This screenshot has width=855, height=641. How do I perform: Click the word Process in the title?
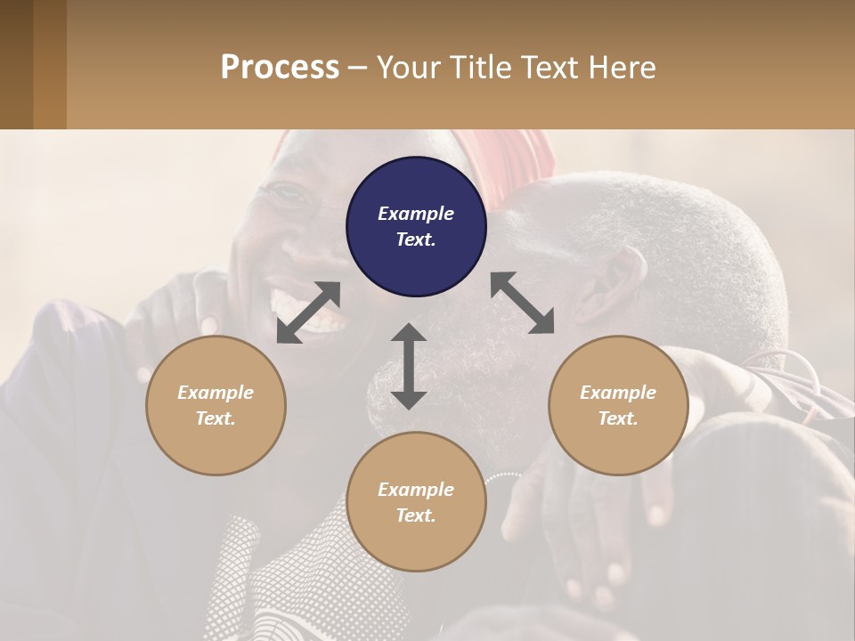click(280, 68)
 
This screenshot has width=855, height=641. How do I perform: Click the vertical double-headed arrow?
click(409, 366)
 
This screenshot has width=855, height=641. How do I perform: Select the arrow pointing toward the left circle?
click(308, 312)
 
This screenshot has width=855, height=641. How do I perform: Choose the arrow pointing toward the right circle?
click(522, 303)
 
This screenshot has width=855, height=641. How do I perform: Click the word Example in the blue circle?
click(416, 214)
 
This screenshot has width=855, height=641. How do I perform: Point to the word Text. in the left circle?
click(216, 418)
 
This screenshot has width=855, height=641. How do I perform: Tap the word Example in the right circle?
click(618, 393)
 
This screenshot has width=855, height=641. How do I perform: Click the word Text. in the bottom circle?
click(416, 515)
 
